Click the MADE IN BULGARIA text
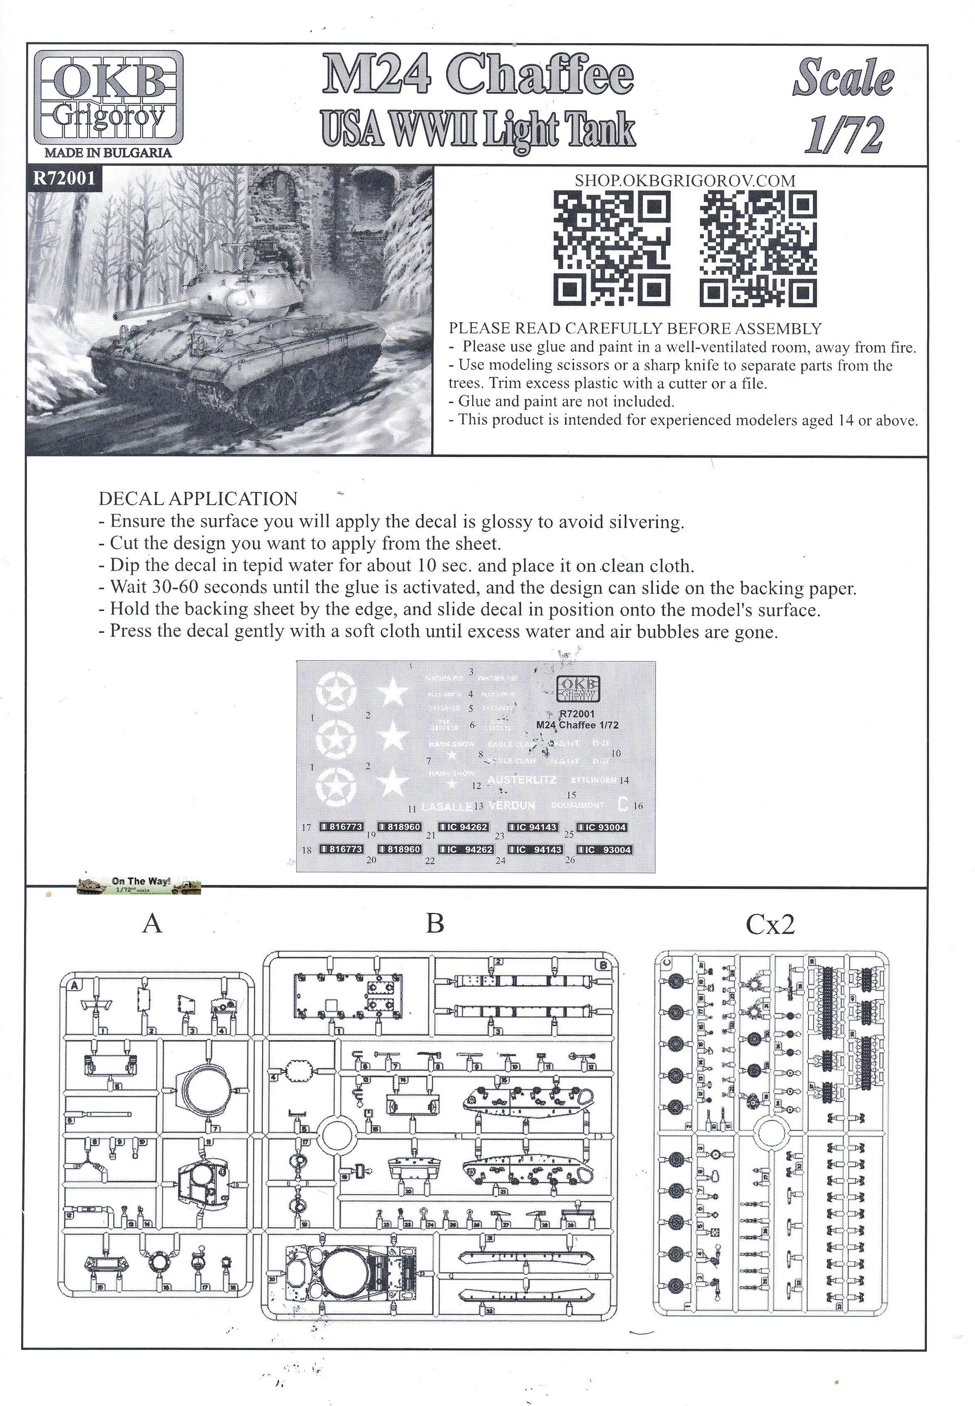click(108, 153)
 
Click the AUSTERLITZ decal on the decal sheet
click(522, 780)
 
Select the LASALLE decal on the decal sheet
click(447, 807)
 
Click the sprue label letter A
click(152, 923)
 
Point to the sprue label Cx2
click(770, 924)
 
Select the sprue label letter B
click(434, 923)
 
